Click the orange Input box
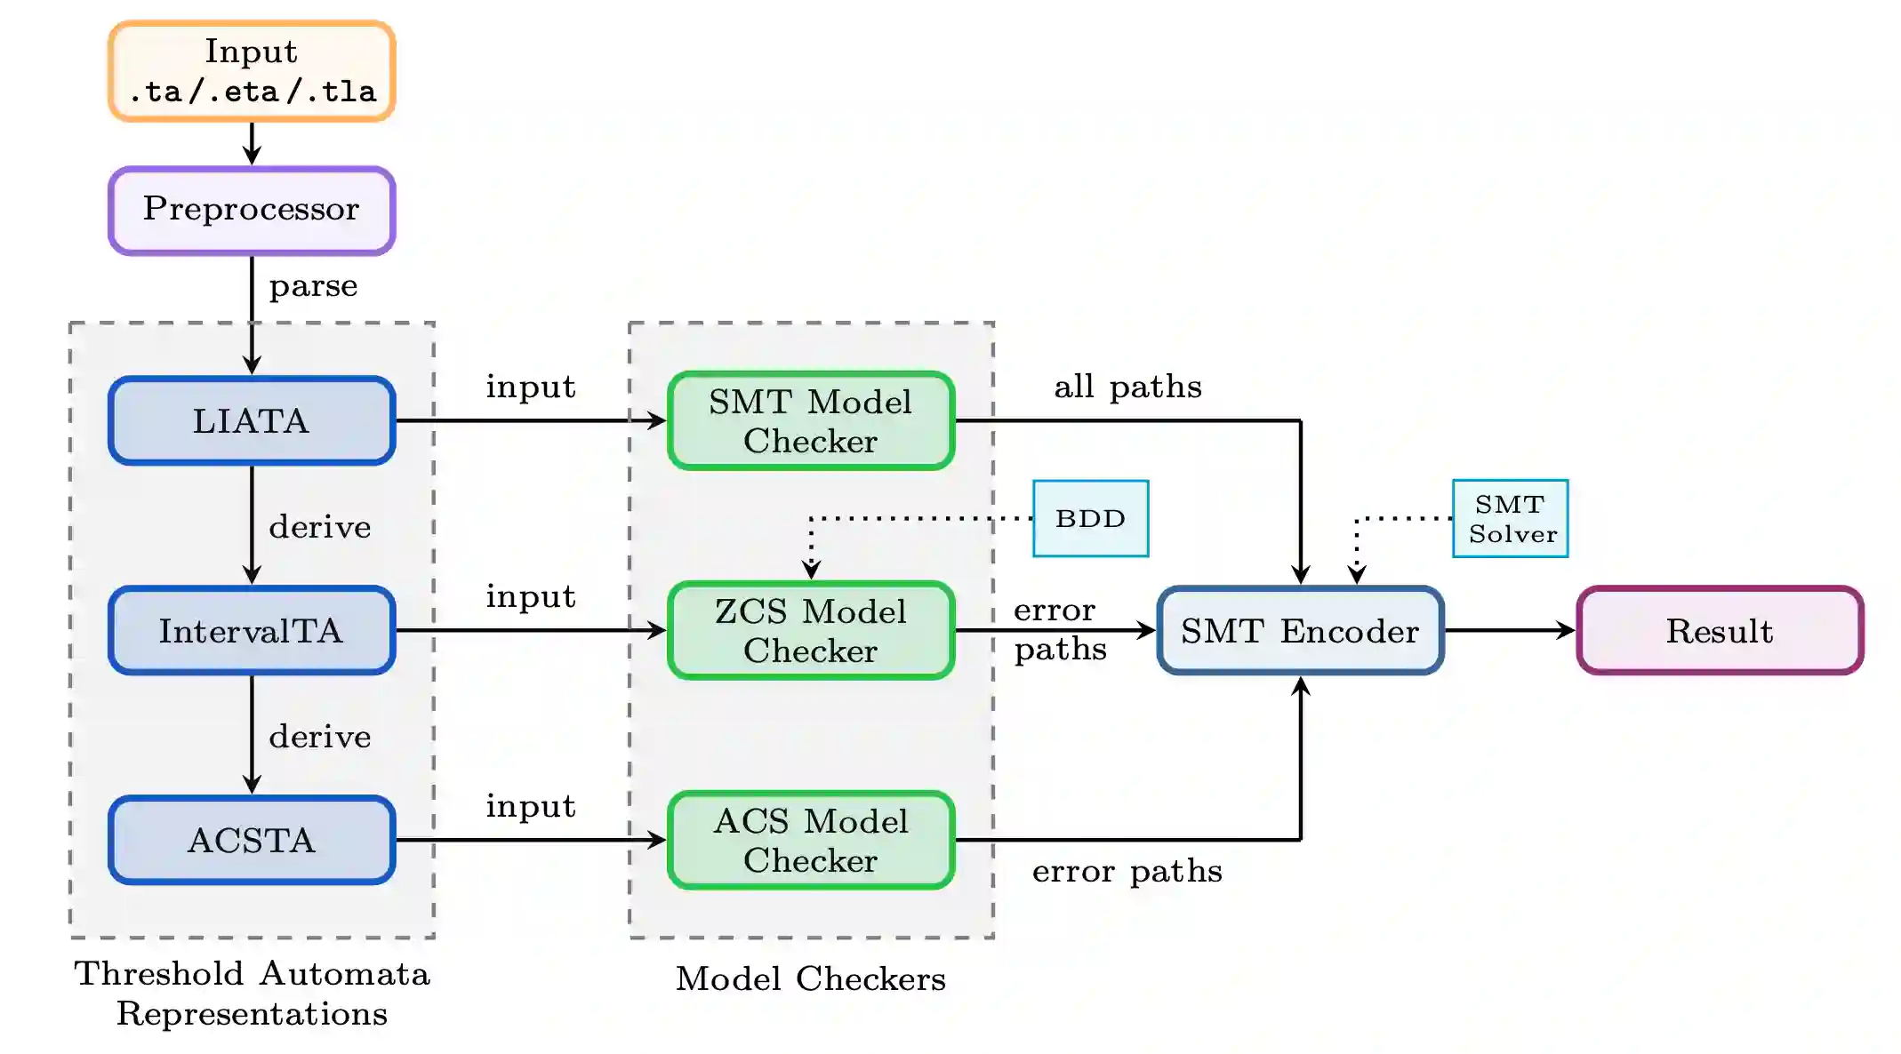point(252,71)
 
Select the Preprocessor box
point(252,211)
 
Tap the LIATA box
point(252,420)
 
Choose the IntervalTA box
point(252,630)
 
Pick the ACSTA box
point(252,840)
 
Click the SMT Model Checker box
point(811,420)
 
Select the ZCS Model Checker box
point(811,630)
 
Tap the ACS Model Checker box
point(811,840)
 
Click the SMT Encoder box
point(1300,630)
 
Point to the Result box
point(1720,630)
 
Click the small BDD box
point(1090,518)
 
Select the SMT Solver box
point(1510,518)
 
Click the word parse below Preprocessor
point(313,286)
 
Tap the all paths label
point(1127,387)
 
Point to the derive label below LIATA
point(319,527)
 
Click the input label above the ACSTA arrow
point(531,806)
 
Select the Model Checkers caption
point(811,978)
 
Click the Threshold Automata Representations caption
point(252,994)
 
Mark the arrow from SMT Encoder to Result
point(1509,630)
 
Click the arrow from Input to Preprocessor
point(252,143)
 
